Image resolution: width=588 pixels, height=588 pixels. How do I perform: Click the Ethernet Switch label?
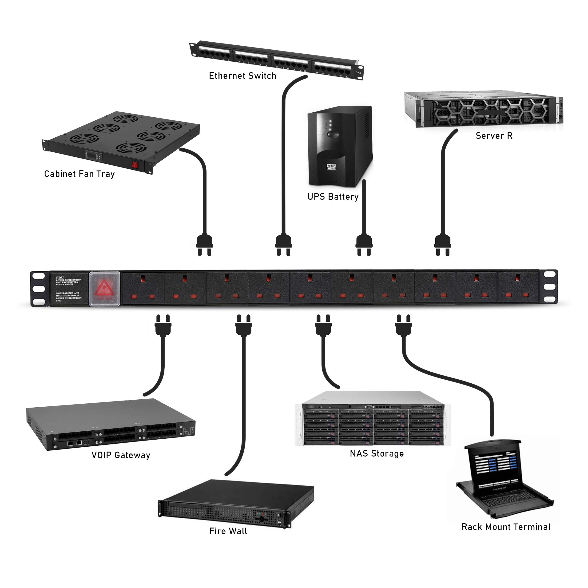[x=242, y=76]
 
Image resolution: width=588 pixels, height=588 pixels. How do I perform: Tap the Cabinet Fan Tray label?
[x=79, y=174]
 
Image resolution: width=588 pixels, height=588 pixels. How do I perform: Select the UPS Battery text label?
[x=333, y=197]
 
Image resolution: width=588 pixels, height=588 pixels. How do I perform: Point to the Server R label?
[x=494, y=136]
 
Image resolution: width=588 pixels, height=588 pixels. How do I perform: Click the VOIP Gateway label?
[x=121, y=455]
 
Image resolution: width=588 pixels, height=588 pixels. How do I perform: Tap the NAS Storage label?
[x=377, y=453]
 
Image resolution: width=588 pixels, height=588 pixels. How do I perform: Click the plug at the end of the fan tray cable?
[x=204, y=245]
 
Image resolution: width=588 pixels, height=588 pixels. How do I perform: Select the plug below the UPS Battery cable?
[x=364, y=245]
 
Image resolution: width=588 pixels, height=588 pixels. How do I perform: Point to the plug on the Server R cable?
[x=443, y=245]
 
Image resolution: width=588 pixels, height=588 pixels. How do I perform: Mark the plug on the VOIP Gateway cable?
[x=163, y=325]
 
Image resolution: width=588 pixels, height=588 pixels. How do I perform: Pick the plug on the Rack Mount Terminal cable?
[x=404, y=325]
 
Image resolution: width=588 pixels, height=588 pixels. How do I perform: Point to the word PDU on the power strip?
[x=60, y=278]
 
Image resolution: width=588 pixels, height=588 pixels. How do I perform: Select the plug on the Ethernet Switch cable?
[x=284, y=245]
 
